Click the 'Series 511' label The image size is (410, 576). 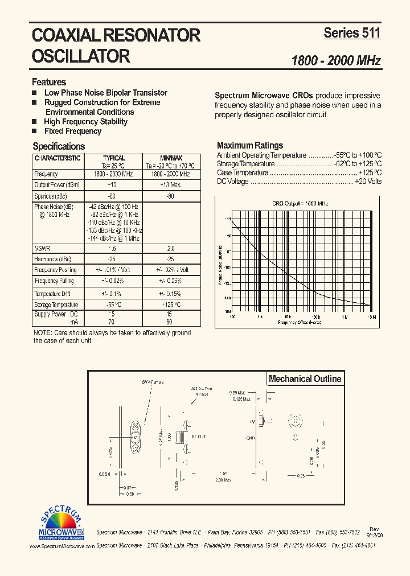(351, 33)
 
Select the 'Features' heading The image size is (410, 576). (49, 82)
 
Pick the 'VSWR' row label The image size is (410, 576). (42, 248)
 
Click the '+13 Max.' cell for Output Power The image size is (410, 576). (170, 184)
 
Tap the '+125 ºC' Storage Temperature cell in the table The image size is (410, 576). (170, 305)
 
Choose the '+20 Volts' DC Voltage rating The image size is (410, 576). (368, 182)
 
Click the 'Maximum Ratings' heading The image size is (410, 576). (250, 145)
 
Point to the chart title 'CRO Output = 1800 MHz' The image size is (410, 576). (300, 203)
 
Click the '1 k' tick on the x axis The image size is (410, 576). (259, 317)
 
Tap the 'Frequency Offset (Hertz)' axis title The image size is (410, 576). (300, 322)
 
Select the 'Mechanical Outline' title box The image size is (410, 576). (305, 378)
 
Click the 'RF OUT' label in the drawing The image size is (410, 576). (199, 437)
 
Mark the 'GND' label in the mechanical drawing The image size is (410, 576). (250, 438)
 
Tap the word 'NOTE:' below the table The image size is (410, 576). (42, 332)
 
